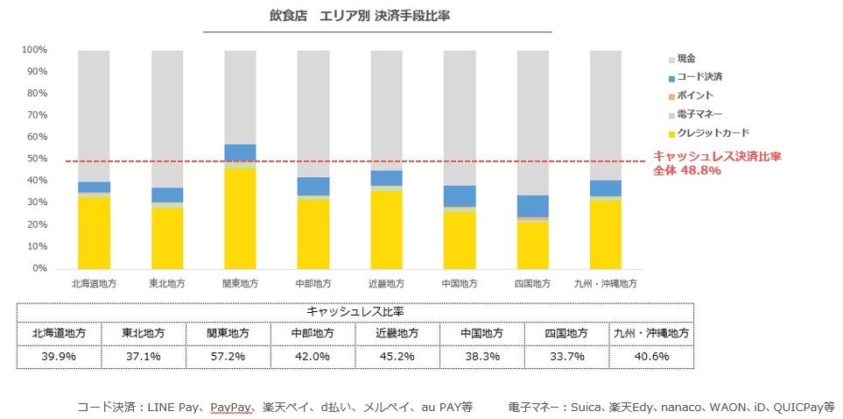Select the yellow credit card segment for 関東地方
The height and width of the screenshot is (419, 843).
pyautogui.click(x=240, y=218)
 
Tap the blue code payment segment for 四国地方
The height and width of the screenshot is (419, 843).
pyautogui.click(x=532, y=206)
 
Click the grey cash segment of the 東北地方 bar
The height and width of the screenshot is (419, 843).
pyautogui.click(x=166, y=118)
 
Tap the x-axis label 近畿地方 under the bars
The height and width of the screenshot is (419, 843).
pyautogui.click(x=386, y=284)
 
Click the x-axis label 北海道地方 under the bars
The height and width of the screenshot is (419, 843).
pyautogui.click(x=94, y=284)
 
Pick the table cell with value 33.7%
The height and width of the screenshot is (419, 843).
pyautogui.click(x=565, y=357)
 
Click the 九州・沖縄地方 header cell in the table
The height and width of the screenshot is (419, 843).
pyautogui.click(x=651, y=334)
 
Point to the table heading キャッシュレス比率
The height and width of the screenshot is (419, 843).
pyautogui.click(x=355, y=311)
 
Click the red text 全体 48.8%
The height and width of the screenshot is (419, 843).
pyautogui.click(x=686, y=171)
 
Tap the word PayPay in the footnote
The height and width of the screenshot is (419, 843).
pyautogui.click(x=232, y=407)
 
